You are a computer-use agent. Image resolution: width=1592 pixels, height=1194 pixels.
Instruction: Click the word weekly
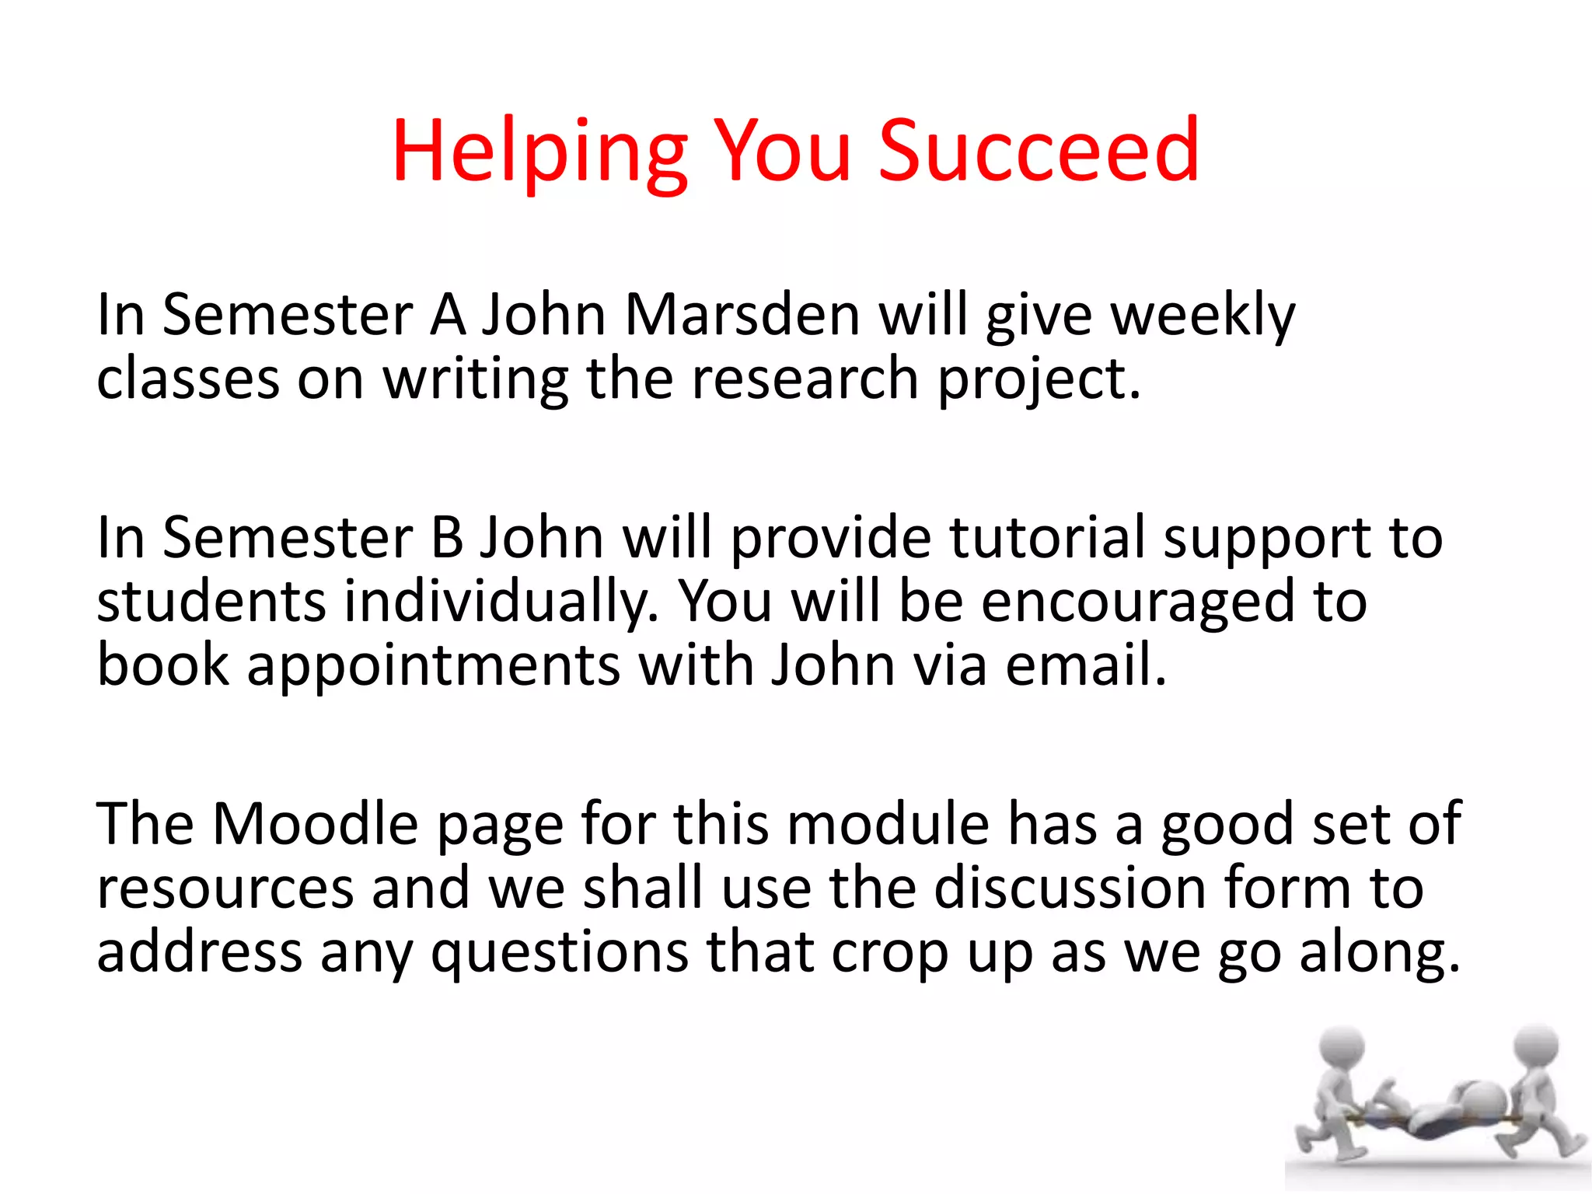pos(1203,316)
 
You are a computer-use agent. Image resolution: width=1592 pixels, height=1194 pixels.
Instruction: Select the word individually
pos(501,602)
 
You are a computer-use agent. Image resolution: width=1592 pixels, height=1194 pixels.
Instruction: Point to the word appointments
pos(434,667)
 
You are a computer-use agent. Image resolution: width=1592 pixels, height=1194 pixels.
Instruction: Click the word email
pos(1085,666)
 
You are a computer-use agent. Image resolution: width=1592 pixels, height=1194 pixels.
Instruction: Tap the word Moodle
pos(315,824)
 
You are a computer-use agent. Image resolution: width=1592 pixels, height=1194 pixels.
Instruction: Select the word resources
pos(225,889)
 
